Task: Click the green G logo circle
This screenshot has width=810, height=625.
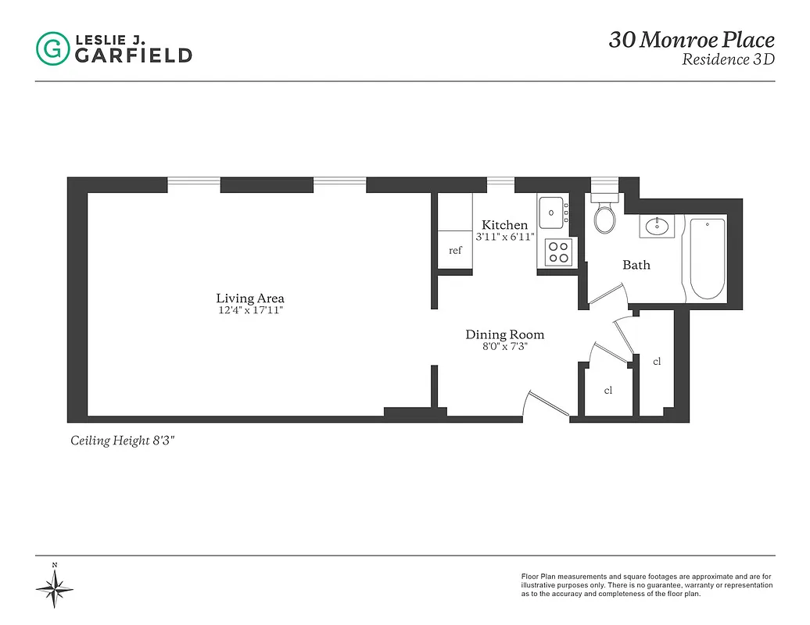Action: coord(52,48)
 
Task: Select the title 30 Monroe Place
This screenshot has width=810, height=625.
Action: coord(691,40)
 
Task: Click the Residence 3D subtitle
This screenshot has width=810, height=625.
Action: coord(727,60)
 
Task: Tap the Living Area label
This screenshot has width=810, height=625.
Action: coord(250,298)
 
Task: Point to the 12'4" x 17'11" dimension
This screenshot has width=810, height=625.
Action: coord(250,310)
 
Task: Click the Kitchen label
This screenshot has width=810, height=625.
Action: coord(504,225)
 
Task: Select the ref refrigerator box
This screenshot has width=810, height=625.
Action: coord(455,250)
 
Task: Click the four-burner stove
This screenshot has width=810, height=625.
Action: coord(558,252)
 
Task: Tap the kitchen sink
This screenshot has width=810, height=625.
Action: coord(554,211)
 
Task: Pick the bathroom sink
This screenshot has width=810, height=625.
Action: coord(656,227)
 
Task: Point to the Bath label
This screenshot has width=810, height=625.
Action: coord(636,265)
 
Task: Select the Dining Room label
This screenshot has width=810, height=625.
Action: coord(504,334)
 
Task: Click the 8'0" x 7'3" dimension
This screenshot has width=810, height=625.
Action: coord(504,347)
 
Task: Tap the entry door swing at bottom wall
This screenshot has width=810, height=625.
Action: coord(547,402)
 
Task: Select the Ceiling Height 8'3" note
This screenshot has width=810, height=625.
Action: coord(123,441)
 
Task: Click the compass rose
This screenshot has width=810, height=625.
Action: coord(55,585)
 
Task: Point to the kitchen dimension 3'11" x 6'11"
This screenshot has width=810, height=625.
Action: coord(504,237)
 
